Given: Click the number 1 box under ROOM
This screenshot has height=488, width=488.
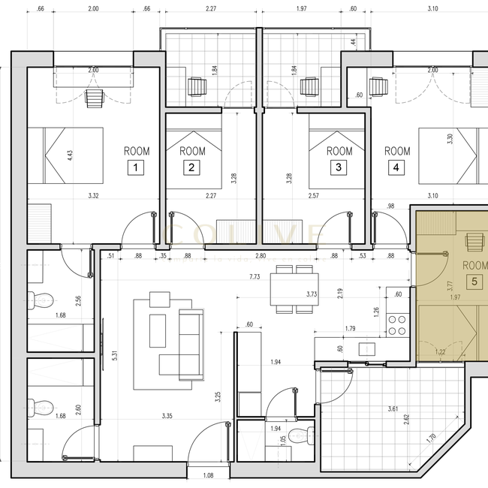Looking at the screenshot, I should point(135,168).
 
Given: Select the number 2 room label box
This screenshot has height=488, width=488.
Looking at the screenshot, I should point(192,168).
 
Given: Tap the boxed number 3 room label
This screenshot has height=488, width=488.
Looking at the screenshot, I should point(339,168).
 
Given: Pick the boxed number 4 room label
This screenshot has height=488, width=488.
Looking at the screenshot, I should point(396,168).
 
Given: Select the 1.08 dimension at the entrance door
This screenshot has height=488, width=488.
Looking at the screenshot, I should point(209,475).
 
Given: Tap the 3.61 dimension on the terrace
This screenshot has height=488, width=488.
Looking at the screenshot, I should point(393,408).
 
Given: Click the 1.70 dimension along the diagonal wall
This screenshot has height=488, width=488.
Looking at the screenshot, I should point(429,437).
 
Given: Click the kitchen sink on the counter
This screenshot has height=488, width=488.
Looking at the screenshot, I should point(367,349).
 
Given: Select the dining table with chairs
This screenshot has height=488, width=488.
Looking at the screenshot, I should point(284,290).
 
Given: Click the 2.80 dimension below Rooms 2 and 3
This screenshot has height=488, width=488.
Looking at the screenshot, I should point(260,257).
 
